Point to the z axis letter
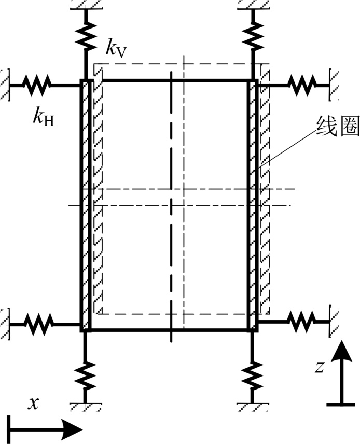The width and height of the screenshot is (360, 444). pyautogui.click(x=321, y=367)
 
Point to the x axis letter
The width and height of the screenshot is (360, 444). pyautogui.click(x=34, y=404)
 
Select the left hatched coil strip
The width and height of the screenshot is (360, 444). pyautogui.click(x=97, y=197)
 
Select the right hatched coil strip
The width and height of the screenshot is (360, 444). pyautogui.click(x=263, y=197)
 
